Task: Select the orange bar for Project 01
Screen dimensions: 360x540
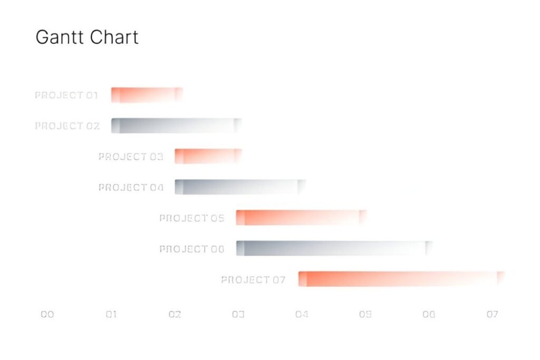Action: (147, 95)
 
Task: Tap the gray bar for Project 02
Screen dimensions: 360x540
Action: (176, 125)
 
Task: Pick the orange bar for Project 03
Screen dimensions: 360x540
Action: (208, 156)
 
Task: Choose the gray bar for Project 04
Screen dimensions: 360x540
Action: (240, 187)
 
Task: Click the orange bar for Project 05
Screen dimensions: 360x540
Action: (301, 217)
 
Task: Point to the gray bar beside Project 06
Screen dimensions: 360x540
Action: (334, 248)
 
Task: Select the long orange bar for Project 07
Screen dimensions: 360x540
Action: (401, 279)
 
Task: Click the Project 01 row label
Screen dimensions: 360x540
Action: (66, 95)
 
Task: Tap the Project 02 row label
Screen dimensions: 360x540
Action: (67, 126)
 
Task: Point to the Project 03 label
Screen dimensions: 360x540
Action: (130, 157)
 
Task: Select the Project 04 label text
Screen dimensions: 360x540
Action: (131, 187)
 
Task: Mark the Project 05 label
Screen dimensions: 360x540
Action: (191, 218)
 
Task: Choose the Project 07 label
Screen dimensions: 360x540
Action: (253, 279)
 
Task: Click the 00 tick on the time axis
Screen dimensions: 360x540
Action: (47, 314)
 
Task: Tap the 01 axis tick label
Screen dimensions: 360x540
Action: (111, 314)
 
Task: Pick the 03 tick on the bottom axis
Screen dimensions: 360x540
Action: (238, 314)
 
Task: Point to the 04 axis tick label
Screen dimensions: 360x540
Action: (302, 314)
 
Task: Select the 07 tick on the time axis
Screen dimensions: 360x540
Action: (492, 314)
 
